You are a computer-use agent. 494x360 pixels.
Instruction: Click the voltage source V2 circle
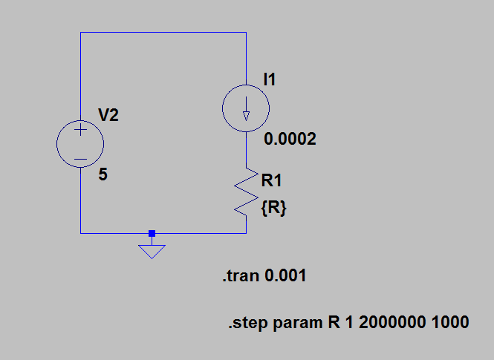coord(80,144)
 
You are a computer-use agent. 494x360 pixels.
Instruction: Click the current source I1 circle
coord(246,108)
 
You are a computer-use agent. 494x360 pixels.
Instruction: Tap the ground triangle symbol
coord(152,251)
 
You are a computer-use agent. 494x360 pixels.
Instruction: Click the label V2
coord(108,115)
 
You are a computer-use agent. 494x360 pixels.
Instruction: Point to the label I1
coord(270,79)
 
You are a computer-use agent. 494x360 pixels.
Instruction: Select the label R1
coord(271,180)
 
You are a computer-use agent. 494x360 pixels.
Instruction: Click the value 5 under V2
coord(103,176)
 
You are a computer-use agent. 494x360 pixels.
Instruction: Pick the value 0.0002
coord(289,139)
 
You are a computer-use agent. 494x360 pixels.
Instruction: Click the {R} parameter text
coord(273,209)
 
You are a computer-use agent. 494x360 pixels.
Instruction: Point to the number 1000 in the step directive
coord(452,323)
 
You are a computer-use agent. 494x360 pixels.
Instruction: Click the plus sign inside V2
coord(80,130)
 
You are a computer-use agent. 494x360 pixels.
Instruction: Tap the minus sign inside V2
coord(80,159)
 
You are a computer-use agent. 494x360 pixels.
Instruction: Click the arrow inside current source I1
coord(246,114)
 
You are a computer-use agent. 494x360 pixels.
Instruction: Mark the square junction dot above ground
coord(152,233)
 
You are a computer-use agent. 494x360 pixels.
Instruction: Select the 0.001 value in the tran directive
coord(286,277)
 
